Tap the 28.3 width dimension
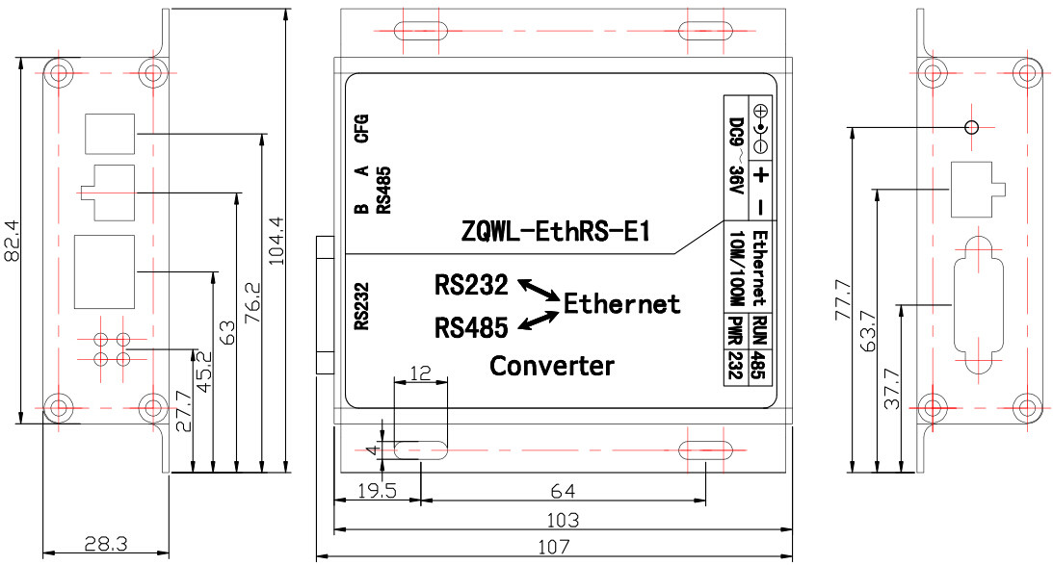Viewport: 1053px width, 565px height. [105, 544]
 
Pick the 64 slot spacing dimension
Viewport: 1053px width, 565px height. [563, 492]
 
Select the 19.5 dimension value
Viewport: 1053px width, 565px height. [378, 492]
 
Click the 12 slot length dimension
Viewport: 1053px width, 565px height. [420, 372]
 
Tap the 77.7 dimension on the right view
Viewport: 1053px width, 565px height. [844, 299]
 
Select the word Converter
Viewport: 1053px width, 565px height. [552, 366]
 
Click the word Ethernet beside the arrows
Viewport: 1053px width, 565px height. [622, 304]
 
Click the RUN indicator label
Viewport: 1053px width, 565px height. [759, 330]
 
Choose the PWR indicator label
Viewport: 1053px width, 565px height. [735, 330]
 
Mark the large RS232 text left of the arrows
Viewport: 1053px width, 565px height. [471, 286]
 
